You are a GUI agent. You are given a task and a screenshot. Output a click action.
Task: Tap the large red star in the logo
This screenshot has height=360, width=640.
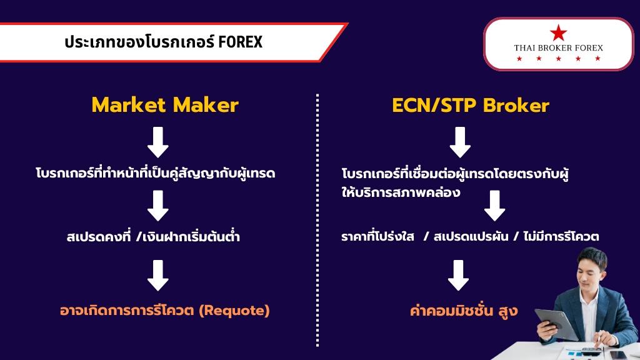tap(558, 32)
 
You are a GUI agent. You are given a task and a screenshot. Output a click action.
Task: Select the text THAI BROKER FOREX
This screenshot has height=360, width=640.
tap(558, 47)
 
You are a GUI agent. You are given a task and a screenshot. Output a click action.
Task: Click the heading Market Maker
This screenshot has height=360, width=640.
tap(165, 105)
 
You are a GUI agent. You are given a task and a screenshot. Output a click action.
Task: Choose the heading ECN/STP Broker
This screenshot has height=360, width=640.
tap(470, 105)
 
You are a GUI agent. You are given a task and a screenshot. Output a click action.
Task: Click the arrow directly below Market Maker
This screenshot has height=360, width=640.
tap(158, 142)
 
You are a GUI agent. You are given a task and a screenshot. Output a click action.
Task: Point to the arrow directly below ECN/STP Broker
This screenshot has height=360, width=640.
tap(460, 142)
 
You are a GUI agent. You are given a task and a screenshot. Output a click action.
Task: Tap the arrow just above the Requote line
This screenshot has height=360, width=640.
tap(158, 275)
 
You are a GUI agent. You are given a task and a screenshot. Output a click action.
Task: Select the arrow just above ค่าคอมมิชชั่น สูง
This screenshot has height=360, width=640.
tap(458, 275)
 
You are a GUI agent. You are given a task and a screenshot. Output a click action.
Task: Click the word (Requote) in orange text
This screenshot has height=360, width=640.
tap(234, 311)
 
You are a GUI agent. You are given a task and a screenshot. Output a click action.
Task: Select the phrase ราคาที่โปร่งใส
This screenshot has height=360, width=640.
tap(377, 236)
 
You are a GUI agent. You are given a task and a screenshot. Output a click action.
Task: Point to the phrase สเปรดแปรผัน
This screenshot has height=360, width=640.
tap(471, 236)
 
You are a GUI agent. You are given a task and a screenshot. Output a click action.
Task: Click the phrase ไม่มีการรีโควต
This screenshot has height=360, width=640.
tap(561, 236)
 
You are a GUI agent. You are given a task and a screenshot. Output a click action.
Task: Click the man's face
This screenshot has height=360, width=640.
tap(591, 270)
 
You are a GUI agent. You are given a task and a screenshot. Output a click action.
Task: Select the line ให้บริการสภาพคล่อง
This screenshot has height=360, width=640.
tap(401, 192)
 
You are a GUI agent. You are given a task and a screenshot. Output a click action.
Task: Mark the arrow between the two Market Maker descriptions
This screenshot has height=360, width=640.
tap(158, 206)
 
